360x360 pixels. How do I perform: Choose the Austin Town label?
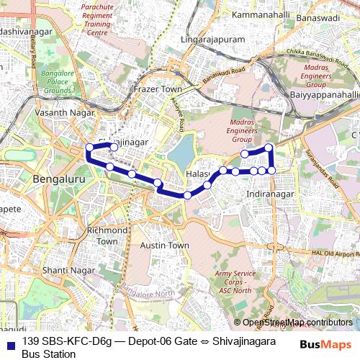pos(164,246)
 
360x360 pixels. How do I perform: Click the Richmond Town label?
pos(107,235)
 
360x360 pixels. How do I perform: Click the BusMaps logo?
pos(326,345)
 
